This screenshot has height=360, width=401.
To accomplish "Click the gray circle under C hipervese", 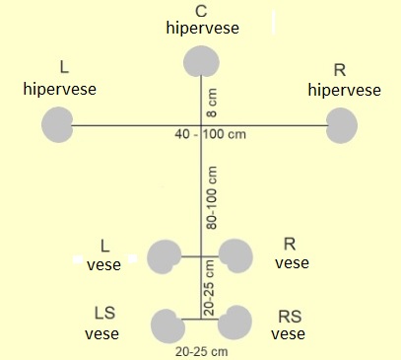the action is click(x=201, y=62).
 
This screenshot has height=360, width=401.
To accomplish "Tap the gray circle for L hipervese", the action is click(x=57, y=124).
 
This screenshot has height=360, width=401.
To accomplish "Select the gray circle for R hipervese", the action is click(x=342, y=126).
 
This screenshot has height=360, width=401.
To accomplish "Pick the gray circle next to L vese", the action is click(x=165, y=256).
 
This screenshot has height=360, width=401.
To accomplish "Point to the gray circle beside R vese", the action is click(x=235, y=256).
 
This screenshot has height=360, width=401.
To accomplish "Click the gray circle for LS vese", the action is click(x=168, y=325).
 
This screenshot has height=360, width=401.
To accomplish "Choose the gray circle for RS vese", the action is click(x=234, y=323).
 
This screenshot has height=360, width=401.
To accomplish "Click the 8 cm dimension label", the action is click(x=212, y=103).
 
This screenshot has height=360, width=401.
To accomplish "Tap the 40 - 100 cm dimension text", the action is click(x=211, y=134).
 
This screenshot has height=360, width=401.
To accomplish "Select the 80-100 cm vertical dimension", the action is click(x=212, y=197).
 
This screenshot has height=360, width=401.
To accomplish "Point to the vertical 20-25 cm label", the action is click(x=209, y=288).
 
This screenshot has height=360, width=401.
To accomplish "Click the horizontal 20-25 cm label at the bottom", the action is click(x=202, y=352).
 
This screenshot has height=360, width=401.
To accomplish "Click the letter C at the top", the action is click(x=201, y=11).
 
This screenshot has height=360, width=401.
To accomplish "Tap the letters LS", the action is click(x=105, y=313).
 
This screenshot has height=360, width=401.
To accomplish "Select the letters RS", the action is click(x=290, y=317).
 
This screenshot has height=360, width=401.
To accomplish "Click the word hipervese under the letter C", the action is click(x=203, y=28).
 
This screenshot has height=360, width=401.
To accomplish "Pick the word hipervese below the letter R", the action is click(x=345, y=90).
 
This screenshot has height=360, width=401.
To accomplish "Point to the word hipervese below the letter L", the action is click(x=60, y=89).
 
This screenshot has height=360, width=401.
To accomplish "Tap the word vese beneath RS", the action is click(x=288, y=334).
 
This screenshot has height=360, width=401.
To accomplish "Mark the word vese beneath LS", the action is click(x=102, y=334).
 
